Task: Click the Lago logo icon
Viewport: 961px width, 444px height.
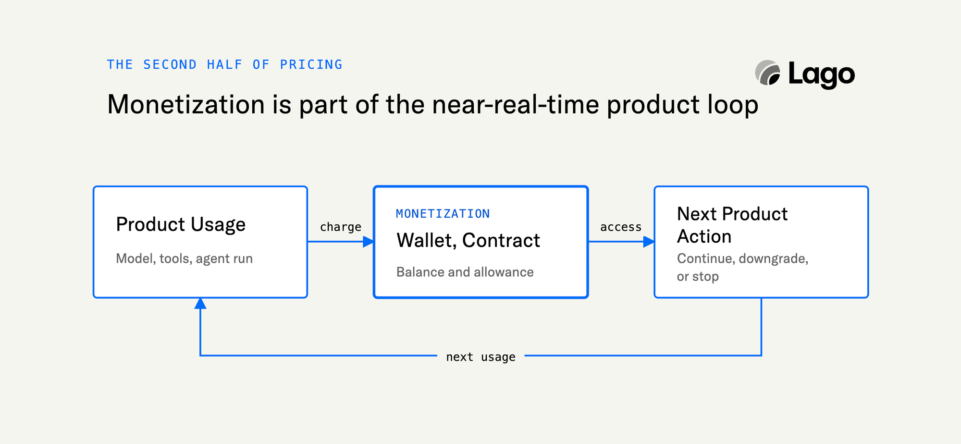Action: pos(768,73)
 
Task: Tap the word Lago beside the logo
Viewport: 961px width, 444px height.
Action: pos(822,75)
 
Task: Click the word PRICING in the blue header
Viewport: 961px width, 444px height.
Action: pos(311,64)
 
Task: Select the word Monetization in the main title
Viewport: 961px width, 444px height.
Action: pos(186,104)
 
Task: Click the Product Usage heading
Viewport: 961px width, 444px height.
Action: pos(181,224)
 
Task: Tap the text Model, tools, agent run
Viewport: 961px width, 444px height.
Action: pos(185,259)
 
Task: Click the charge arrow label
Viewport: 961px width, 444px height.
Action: pos(341,227)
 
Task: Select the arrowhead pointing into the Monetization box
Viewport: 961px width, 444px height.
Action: pos(369,242)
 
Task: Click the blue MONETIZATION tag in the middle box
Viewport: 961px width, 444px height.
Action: pos(443,214)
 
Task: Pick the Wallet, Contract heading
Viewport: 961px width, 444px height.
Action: pos(468,240)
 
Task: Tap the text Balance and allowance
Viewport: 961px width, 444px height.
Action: pos(465,272)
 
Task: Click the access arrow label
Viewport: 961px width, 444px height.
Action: pos(621,227)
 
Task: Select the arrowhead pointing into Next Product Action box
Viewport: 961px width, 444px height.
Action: pos(649,242)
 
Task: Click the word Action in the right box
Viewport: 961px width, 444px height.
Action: pos(704,236)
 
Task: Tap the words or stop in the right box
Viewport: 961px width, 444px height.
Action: pos(698,277)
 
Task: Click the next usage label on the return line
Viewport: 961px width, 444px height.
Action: pos(480,357)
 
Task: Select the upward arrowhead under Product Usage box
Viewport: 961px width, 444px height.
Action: pos(200,303)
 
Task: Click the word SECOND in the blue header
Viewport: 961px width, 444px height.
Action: pos(170,64)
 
